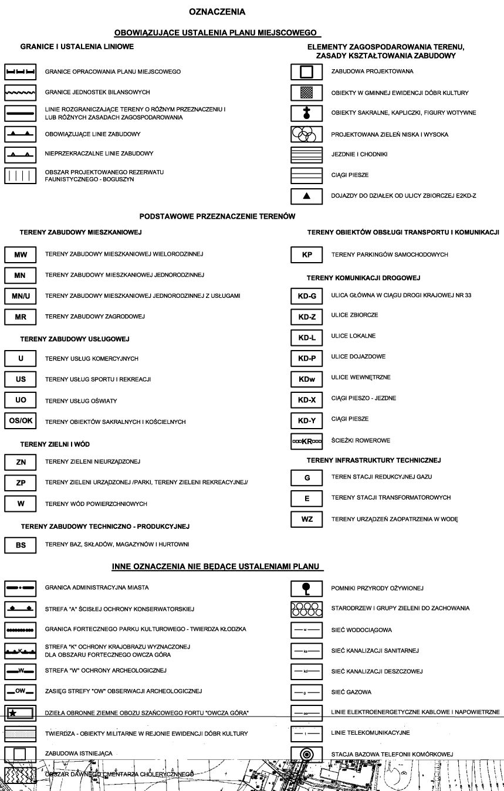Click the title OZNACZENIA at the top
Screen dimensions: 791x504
(x=217, y=12)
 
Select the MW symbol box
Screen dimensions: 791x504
(x=21, y=254)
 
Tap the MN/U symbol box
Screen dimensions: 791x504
(x=21, y=296)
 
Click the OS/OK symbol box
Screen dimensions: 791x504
(x=21, y=421)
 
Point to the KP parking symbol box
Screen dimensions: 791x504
(x=307, y=255)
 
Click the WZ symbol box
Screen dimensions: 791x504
(x=307, y=519)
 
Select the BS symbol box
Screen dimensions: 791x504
(x=21, y=545)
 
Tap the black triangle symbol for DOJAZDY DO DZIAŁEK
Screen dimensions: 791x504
(x=307, y=196)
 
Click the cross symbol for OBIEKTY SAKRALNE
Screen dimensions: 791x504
(x=307, y=113)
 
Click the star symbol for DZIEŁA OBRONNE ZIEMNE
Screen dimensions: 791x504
(x=13, y=712)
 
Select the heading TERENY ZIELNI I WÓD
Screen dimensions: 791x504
(x=55, y=444)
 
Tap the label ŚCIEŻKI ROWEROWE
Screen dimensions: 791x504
(x=360, y=440)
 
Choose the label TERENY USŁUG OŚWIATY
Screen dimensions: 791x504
(x=81, y=401)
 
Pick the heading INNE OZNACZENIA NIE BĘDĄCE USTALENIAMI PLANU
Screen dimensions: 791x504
(x=217, y=566)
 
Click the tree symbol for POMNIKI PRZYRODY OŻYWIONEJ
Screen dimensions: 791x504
(x=307, y=587)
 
